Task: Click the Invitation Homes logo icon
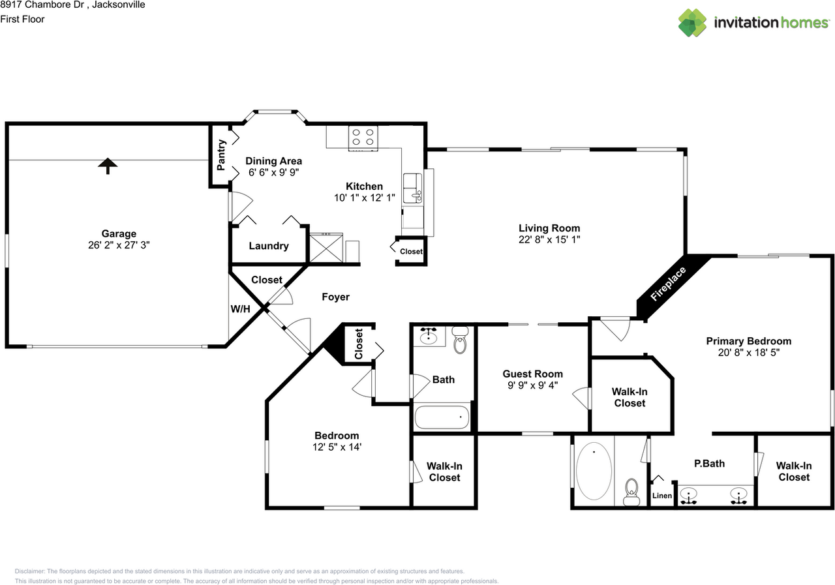[x=692, y=23]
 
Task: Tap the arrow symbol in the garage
[x=108, y=166]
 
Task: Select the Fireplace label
[x=667, y=284]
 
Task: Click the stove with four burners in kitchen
[x=363, y=138]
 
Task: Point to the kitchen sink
[x=413, y=188]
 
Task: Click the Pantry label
[x=221, y=155]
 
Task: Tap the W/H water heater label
[x=241, y=309]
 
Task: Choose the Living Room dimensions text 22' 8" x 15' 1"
[x=549, y=239]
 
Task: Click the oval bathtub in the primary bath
[x=594, y=471]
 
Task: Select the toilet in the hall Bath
[x=461, y=339]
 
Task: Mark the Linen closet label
[x=662, y=496]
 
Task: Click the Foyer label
[x=335, y=297]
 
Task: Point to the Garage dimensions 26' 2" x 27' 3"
[x=119, y=245]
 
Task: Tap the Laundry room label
[x=269, y=246]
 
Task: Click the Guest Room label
[x=533, y=374]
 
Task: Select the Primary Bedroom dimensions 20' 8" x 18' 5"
[x=749, y=352]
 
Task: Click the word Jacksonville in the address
[x=119, y=5]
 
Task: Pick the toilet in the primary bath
[x=631, y=492]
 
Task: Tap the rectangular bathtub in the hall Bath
[x=442, y=417]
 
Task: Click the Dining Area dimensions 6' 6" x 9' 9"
[x=273, y=172]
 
